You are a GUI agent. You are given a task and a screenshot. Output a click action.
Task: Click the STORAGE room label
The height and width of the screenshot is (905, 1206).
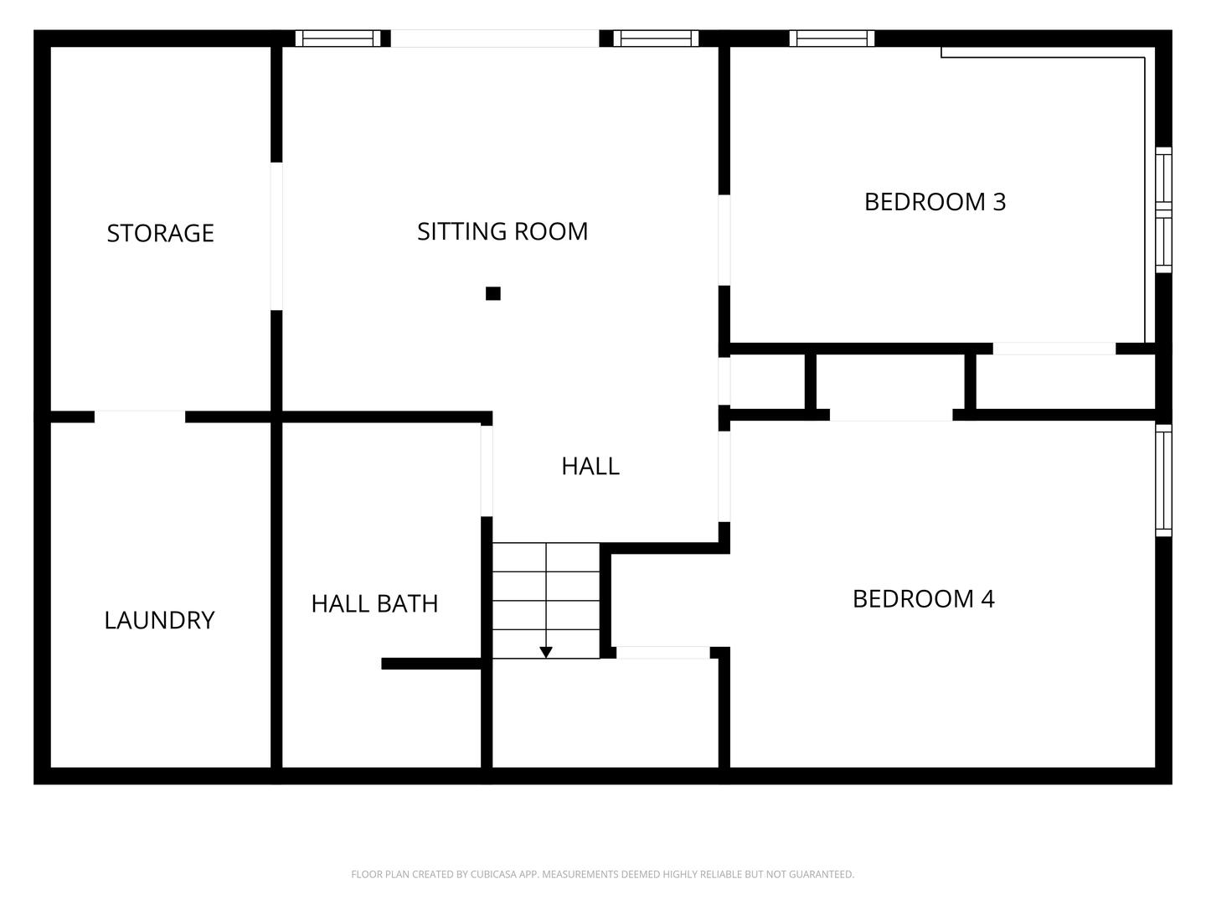[160, 233]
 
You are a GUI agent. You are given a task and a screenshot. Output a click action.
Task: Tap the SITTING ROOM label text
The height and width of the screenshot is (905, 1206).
[502, 231]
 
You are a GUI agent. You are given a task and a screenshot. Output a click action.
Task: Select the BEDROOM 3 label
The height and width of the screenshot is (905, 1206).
[935, 202]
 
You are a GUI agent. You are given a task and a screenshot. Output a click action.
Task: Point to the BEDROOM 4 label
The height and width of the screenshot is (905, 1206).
[923, 599]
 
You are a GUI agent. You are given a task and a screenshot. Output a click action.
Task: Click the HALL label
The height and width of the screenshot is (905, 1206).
[590, 466]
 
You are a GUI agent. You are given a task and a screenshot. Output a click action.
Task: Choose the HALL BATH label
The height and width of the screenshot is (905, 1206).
[374, 603]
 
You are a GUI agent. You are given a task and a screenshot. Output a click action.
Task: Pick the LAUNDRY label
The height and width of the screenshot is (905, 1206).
[159, 620]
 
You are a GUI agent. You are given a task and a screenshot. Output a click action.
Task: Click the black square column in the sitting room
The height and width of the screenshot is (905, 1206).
[493, 293]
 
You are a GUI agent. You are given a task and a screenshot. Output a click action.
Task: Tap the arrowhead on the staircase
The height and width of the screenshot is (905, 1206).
[546, 652]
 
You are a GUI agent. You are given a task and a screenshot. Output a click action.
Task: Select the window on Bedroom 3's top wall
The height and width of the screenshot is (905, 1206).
[832, 39]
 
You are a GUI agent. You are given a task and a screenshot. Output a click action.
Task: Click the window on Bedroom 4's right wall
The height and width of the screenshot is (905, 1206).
[1163, 480]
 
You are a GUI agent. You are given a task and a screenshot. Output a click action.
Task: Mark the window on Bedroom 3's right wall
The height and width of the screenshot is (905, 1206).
[1163, 209]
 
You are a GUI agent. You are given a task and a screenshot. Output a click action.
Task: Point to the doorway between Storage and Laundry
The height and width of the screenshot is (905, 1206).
[139, 416]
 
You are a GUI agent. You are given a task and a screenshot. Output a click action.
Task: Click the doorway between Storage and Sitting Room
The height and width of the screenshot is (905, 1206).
[276, 236]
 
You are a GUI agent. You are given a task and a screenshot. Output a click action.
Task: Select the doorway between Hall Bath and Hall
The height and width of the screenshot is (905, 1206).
[487, 471]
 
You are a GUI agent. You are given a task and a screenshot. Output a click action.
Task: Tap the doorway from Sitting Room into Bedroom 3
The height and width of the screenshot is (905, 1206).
[724, 240]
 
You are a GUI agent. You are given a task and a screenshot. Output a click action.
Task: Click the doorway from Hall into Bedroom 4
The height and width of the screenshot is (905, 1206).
[724, 476]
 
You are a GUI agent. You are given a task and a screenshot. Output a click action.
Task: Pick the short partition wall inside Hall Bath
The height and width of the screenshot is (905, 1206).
[431, 664]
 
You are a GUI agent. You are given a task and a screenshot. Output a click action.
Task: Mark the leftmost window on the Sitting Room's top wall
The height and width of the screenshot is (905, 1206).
[338, 39]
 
